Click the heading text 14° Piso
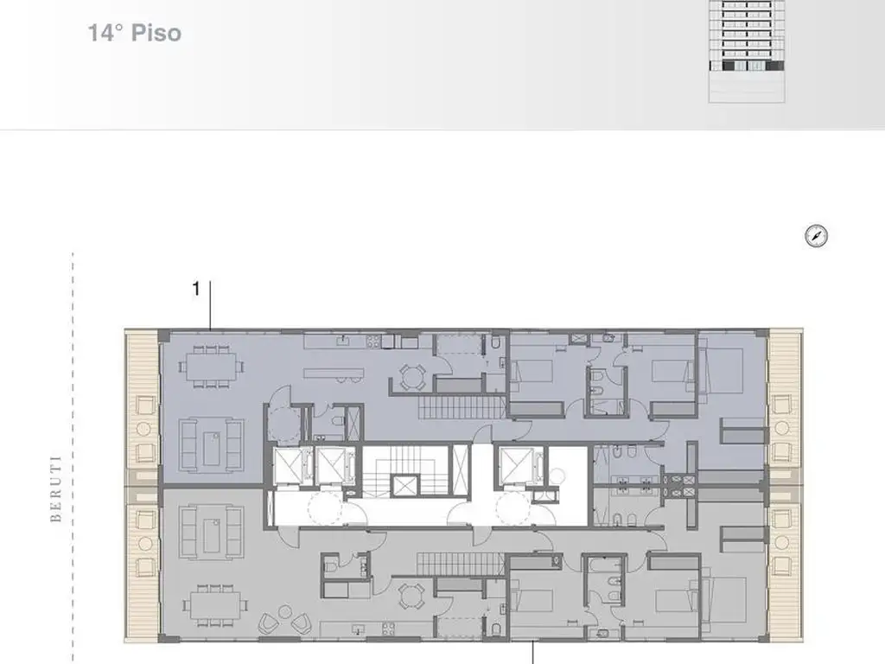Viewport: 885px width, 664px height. coord(134,33)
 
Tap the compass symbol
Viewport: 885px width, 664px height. coord(816,236)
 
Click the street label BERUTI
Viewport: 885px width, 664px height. coord(56,489)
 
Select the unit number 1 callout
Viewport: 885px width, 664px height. coord(196,289)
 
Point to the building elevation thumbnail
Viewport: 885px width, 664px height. coord(747,51)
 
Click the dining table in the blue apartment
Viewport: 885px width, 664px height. coord(213,367)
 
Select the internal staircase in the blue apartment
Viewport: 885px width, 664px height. coord(462,407)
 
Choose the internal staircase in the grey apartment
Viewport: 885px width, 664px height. coord(460,564)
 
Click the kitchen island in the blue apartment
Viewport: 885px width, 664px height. coord(333,373)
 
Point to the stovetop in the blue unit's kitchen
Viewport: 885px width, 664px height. coord(373,341)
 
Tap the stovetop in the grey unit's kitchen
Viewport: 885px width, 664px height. coord(388,629)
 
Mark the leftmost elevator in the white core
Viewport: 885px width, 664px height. coord(289,466)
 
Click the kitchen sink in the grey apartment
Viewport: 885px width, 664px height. coord(357,629)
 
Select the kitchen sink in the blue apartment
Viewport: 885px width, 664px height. coord(343,341)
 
